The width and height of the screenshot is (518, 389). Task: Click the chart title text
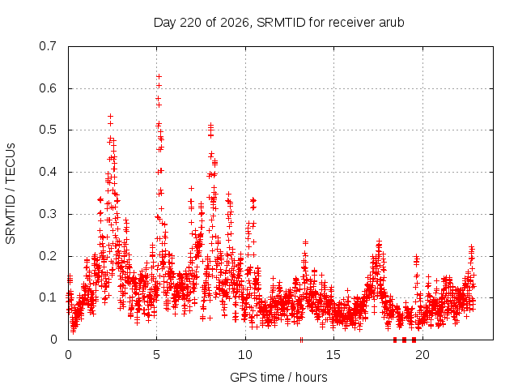[278, 23]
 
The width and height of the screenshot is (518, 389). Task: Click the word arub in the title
[392, 23]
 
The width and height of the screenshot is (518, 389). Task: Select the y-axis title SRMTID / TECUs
[11, 194]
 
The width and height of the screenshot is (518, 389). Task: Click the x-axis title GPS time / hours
[278, 377]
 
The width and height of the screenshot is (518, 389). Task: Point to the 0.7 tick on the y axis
[48, 46]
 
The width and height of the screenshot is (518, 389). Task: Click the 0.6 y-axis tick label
[48, 88]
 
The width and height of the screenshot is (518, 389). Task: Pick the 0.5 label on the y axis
[48, 130]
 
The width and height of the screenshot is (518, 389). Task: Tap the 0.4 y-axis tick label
[48, 172]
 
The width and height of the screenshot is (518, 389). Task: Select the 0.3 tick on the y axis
[48, 214]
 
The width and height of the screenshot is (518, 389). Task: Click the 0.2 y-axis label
[48, 256]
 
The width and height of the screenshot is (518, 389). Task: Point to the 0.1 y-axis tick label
[48, 297]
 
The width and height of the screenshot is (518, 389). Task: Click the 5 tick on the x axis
[156, 355]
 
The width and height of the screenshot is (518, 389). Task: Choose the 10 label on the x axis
[245, 355]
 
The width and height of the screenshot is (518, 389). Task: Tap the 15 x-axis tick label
[333, 355]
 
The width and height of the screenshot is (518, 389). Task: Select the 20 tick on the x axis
[422, 355]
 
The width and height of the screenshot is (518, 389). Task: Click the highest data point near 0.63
[159, 77]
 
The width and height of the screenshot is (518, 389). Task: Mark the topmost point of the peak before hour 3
[111, 117]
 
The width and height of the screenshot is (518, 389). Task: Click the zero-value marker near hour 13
[301, 340]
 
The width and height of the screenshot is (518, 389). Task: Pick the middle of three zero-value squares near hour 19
[405, 340]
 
